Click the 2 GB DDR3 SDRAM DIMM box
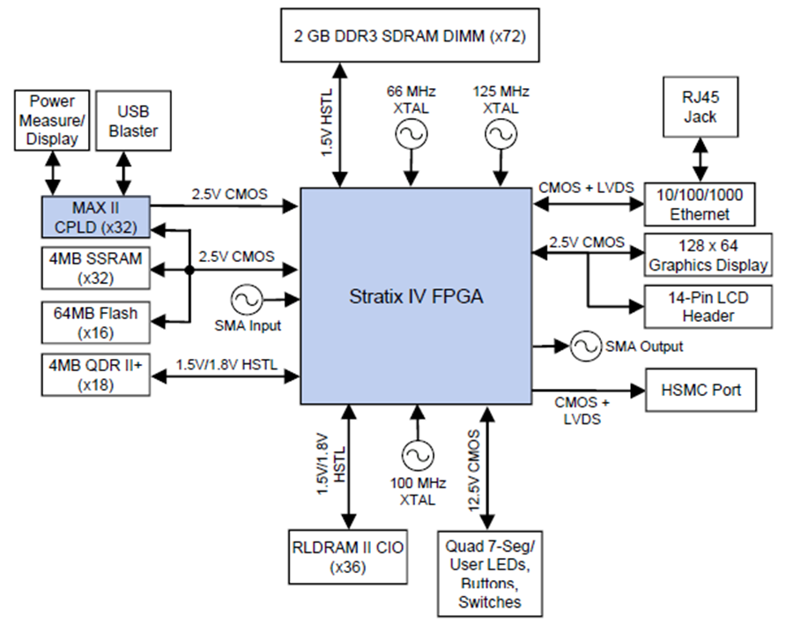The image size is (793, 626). pyautogui.click(x=410, y=35)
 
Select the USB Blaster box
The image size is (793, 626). pyautogui.click(x=133, y=121)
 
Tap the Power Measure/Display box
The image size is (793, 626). pyautogui.click(x=52, y=121)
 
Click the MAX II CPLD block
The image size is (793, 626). pyautogui.click(x=95, y=217)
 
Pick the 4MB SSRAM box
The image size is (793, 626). pyautogui.click(x=95, y=268)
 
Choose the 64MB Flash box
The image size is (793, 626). pyautogui.click(x=95, y=323)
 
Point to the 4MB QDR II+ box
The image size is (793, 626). pyautogui.click(x=95, y=375)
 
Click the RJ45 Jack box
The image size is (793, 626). pyautogui.click(x=700, y=107)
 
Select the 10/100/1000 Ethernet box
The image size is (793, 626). pyautogui.click(x=700, y=204)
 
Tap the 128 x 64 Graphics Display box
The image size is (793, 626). pyautogui.click(x=708, y=255)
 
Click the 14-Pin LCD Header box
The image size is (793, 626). pyautogui.click(x=708, y=307)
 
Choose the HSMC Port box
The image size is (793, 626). pyautogui.click(x=701, y=390)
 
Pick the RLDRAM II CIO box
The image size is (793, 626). pyautogui.click(x=348, y=557)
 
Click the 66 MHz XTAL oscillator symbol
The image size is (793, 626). pyautogui.click(x=411, y=135)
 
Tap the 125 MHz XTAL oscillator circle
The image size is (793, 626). pyautogui.click(x=500, y=135)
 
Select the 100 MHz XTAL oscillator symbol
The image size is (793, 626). pyautogui.click(x=418, y=456)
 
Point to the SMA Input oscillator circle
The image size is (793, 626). pyautogui.click(x=247, y=300)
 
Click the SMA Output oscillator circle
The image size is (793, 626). pyautogui.click(x=586, y=347)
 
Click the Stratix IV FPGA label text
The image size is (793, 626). pyautogui.click(x=416, y=296)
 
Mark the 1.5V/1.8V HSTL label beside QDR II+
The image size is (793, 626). pyautogui.click(x=226, y=364)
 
